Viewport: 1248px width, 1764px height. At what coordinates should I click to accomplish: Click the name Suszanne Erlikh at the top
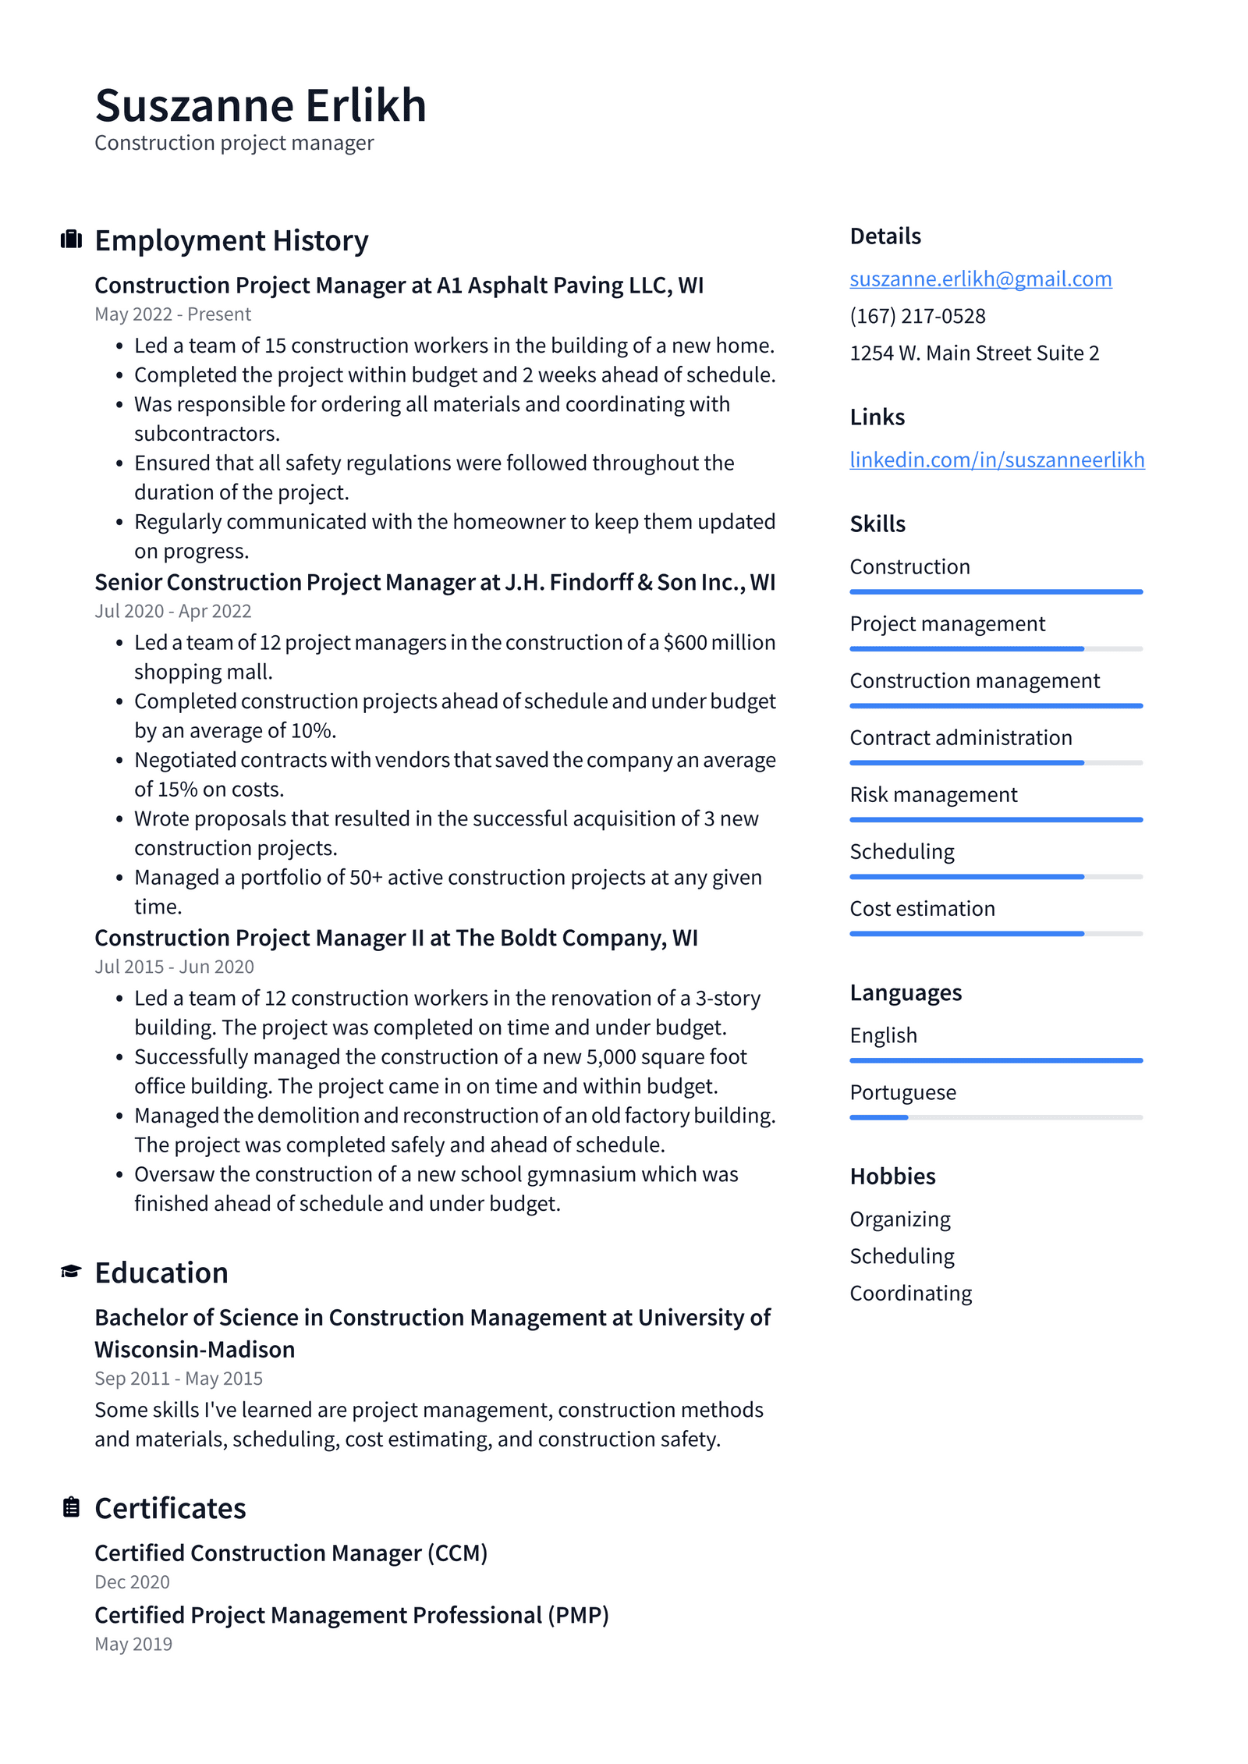pyautogui.click(x=261, y=105)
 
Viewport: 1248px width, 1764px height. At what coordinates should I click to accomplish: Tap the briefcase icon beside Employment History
pyautogui.click(x=71, y=240)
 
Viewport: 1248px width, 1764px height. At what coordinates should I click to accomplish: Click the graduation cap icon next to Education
pyautogui.click(x=71, y=1272)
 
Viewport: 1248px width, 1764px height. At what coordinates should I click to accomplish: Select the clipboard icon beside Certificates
pyautogui.click(x=71, y=1507)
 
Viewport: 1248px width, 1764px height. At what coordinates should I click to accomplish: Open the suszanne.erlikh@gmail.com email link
pyautogui.click(x=980, y=279)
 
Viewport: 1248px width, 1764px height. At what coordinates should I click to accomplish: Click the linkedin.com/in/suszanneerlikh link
pyautogui.click(x=997, y=460)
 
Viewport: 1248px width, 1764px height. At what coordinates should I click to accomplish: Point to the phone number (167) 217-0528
pyautogui.click(x=917, y=316)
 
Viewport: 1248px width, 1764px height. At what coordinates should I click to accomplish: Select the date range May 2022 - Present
pyautogui.click(x=172, y=314)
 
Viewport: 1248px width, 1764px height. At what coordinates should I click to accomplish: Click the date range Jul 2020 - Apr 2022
pyautogui.click(x=172, y=611)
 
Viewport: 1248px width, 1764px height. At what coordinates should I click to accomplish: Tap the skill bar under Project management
pyautogui.click(x=995, y=648)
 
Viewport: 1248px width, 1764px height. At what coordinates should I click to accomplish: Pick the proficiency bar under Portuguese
pyautogui.click(x=995, y=1117)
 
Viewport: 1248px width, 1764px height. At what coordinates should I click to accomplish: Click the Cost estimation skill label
pyautogui.click(x=922, y=909)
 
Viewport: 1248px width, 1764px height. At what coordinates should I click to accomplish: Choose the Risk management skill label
pyautogui.click(x=933, y=795)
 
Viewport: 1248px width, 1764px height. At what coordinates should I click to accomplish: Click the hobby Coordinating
pyautogui.click(x=910, y=1294)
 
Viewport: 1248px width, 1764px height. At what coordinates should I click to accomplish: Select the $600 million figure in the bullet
pyautogui.click(x=719, y=643)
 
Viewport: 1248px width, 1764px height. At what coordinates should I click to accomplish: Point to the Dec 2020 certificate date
pyautogui.click(x=132, y=1582)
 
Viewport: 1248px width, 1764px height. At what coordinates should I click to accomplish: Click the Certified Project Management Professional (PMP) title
pyautogui.click(x=351, y=1615)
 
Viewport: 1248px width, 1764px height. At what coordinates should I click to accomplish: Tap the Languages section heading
pyautogui.click(x=906, y=992)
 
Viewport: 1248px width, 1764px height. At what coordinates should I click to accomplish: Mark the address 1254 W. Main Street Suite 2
pyautogui.click(x=974, y=353)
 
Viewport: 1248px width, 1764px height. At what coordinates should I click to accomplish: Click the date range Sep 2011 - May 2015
pyautogui.click(x=179, y=1379)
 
